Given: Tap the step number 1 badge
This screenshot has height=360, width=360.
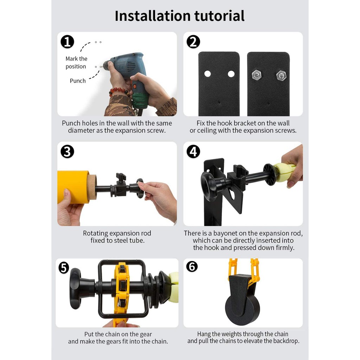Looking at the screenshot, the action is tap(67, 42).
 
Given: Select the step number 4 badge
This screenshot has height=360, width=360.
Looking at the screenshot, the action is tap(193, 152).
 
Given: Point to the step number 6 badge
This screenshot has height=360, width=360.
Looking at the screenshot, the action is tap(192, 266).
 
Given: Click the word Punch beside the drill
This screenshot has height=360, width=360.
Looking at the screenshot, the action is tap(78, 81).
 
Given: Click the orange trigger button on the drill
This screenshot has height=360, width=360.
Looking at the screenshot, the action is tap(135, 86).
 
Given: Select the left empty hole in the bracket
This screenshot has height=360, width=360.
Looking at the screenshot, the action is tap(207, 74).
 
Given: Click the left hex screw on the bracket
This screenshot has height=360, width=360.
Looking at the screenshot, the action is tap(257, 75).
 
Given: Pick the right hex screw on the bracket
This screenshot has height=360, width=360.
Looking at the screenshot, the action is tap(281, 75).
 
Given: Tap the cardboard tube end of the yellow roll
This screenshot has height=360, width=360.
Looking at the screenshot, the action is tap(92, 187).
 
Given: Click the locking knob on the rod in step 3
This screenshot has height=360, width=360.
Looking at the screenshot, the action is tap(121, 177).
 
